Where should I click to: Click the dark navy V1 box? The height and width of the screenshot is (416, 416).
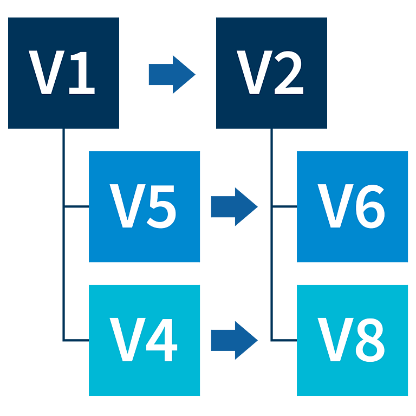pos(64,73)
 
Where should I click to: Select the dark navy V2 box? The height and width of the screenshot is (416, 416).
pos(271,73)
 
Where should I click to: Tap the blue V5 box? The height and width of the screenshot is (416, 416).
pos(144,207)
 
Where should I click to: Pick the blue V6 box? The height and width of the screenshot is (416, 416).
pos(352,207)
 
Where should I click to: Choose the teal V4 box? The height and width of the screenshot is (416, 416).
pos(144,340)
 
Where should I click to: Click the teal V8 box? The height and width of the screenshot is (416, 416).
pos(352,340)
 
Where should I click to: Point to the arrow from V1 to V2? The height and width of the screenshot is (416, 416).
pos(172,75)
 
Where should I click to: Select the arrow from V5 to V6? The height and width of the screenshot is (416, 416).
pos(235,207)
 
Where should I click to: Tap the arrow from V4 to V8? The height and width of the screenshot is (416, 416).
pos(235,340)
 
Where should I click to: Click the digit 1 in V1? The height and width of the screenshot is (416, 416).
pos(82,73)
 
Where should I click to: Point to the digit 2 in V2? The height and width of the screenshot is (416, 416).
pos(289,73)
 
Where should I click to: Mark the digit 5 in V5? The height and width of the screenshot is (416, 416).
pos(161,206)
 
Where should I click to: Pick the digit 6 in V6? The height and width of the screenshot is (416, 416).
pos(370,206)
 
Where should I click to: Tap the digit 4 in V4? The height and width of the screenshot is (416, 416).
pos(161,340)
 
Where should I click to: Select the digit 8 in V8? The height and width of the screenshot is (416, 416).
pos(370,340)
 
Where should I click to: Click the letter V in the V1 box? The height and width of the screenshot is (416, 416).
pos(47,72)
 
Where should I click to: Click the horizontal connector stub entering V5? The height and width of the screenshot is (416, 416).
pos(76,206)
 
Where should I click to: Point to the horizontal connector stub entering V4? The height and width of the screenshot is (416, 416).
pos(76,340)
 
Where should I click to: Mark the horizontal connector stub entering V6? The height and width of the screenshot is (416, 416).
pos(284,206)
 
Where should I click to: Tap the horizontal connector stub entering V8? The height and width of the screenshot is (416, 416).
pos(284,340)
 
